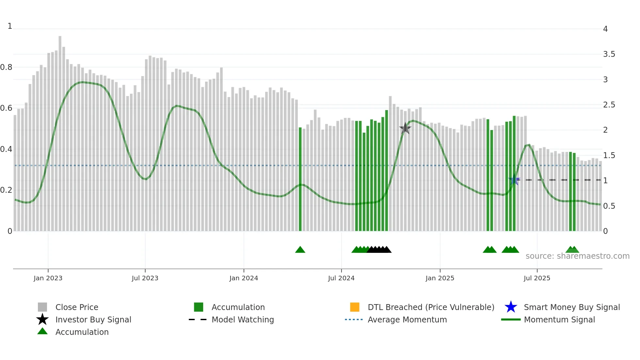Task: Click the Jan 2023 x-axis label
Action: (48, 278)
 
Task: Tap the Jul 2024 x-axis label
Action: (341, 278)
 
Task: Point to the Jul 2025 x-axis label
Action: (537, 278)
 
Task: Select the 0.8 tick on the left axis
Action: (6, 67)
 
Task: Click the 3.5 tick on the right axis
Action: (609, 54)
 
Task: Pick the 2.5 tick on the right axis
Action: (609, 105)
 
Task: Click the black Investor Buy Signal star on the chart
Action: (405, 128)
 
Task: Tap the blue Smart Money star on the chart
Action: (514, 180)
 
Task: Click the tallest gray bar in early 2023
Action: (60, 131)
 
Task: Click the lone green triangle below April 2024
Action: (300, 250)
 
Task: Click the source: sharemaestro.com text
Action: (577, 256)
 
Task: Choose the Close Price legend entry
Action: (77, 307)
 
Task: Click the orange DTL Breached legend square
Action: (355, 307)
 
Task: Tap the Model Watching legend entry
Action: (242, 319)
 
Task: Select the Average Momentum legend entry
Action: (407, 319)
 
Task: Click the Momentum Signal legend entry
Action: (559, 319)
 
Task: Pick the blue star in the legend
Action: (511, 307)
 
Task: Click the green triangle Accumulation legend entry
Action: (82, 332)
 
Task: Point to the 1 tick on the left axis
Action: (10, 26)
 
